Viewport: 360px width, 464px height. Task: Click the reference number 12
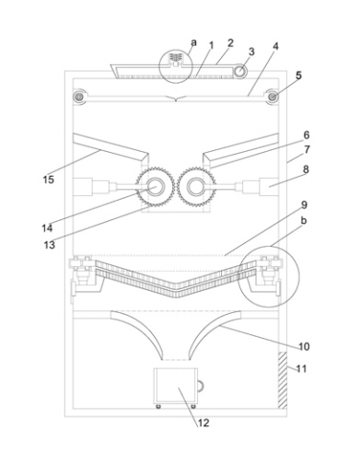(x=203, y=423)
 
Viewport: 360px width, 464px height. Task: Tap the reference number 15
(x=49, y=180)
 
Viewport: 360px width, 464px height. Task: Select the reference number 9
(x=304, y=204)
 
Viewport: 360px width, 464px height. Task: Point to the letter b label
(x=304, y=220)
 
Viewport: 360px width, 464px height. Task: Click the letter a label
(x=193, y=42)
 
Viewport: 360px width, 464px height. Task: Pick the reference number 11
(x=302, y=368)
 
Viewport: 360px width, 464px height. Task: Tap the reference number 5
(x=298, y=75)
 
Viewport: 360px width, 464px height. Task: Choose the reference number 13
(x=50, y=245)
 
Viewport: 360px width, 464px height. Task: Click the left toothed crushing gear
(x=155, y=187)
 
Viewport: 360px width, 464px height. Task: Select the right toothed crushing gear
(x=196, y=187)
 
